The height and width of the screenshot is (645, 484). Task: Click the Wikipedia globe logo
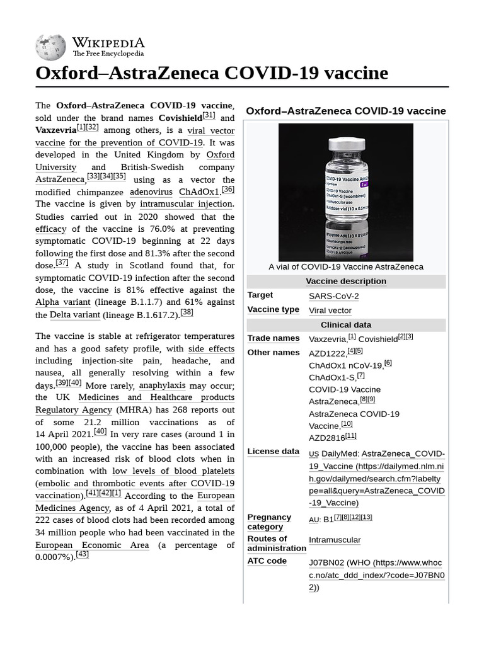pyautogui.click(x=50, y=47)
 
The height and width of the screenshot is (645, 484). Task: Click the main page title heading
pyautogui.click(x=212, y=74)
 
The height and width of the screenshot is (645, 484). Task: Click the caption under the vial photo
pyautogui.click(x=346, y=266)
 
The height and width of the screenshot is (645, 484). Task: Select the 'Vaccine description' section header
pyautogui.click(x=346, y=282)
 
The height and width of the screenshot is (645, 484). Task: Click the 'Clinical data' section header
pyautogui.click(x=346, y=325)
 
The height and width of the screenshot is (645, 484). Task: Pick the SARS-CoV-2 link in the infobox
pyautogui.click(x=334, y=296)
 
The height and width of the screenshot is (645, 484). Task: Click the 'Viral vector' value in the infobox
pyautogui.click(x=330, y=311)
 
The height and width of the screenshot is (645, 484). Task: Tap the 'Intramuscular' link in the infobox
pyautogui.click(x=335, y=540)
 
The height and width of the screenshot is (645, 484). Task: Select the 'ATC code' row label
pyautogui.click(x=267, y=561)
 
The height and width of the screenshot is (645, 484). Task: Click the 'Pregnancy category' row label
pyautogui.click(x=269, y=522)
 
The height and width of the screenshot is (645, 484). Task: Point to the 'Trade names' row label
pyautogui.click(x=274, y=339)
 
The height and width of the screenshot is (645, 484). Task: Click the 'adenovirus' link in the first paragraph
pyautogui.click(x=151, y=191)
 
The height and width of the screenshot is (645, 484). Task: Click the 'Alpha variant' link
pyautogui.click(x=63, y=302)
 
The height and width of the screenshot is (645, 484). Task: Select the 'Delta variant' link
pyautogui.click(x=74, y=315)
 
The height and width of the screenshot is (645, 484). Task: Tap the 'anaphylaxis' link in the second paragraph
pyautogui.click(x=162, y=385)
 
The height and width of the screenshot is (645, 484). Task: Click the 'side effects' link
pyautogui.click(x=211, y=348)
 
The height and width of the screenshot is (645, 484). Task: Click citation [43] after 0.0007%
pyautogui.click(x=82, y=555)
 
